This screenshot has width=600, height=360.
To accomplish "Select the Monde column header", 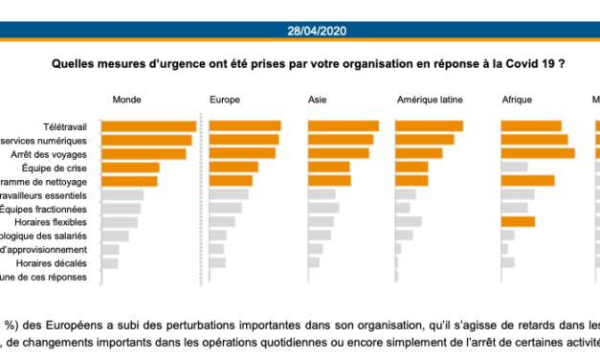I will pyautogui.click(x=127, y=100).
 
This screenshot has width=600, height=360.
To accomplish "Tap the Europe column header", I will pyautogui.click(x=224, y=100).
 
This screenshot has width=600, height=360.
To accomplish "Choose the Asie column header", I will pyautogui.click(x=317, y=100).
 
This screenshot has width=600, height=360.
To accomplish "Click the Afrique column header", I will pyautogui.click(x=517, y=100).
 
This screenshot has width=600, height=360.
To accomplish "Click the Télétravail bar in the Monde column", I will pyautogui.click(x=148, y=126).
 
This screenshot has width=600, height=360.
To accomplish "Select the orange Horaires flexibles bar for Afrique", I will pyautogui.click(x=518, y=222).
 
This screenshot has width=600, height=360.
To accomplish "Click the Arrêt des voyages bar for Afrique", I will pyautogui.click(x=538, y=153).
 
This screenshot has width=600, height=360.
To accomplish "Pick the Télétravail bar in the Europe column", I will pyautogui.click(x=245, y=126).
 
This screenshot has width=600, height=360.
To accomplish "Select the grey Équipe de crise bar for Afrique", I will pyautogui.click(x=515, y=168).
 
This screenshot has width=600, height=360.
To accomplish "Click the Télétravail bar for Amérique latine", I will pyautogui.click(x=429, y=126).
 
